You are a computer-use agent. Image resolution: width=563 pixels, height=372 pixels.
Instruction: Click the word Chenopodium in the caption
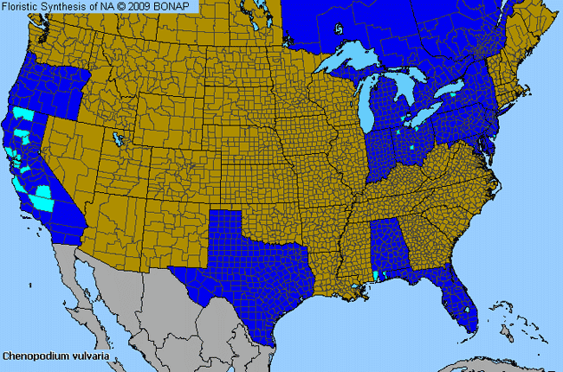click(x=32, y=356)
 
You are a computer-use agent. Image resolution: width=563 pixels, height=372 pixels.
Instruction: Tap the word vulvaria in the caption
click(x=86, y=356)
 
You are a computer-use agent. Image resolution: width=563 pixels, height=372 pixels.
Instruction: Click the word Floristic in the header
click(x=23, y=6)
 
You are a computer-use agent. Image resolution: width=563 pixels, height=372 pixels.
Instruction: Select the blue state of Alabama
click(x=385, y=247)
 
